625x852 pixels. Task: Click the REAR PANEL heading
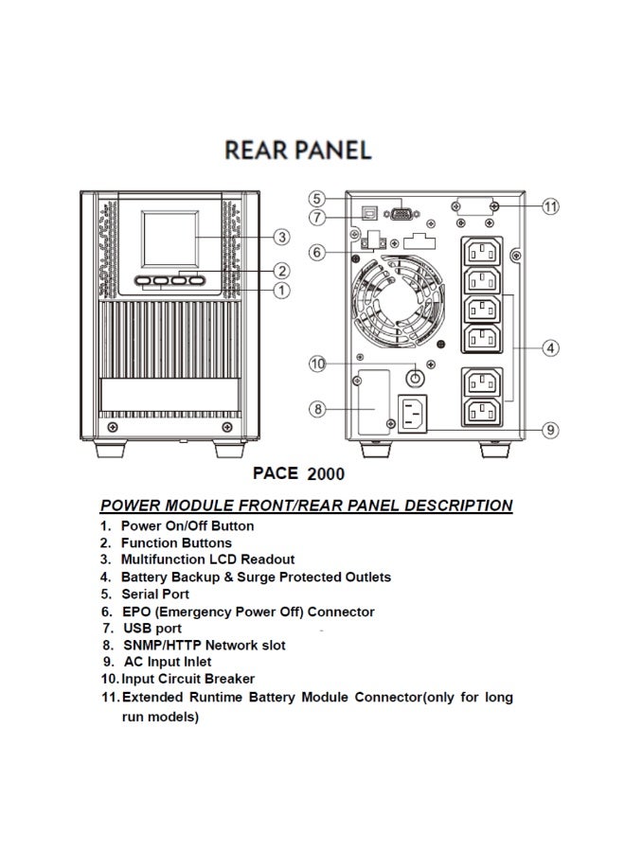298,151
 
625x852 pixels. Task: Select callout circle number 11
551,205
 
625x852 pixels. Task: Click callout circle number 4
551,347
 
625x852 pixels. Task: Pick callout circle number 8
319,409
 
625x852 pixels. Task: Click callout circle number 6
319,252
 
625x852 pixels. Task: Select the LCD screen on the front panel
170,237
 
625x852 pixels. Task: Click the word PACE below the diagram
276,472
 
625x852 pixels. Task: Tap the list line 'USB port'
152,629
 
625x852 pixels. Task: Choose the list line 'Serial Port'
155,595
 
